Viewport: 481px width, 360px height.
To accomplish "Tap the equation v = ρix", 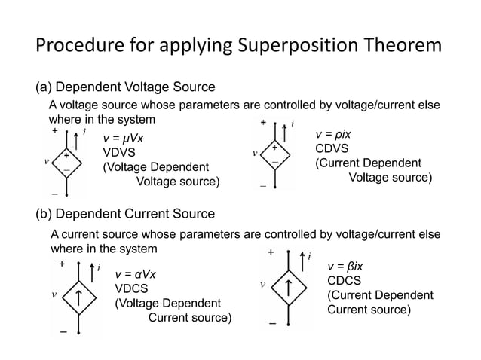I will click(333, 135).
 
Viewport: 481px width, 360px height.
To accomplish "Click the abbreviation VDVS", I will click(118, 153).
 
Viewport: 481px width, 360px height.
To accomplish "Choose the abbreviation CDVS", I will click(330, 149).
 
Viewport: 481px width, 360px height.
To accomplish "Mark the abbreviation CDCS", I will click(344, 280).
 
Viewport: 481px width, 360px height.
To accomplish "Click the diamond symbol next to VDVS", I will click(67, 163).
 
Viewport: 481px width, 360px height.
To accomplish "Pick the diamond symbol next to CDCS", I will click(290, 287).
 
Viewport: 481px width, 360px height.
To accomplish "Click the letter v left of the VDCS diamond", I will click(53, 295).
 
